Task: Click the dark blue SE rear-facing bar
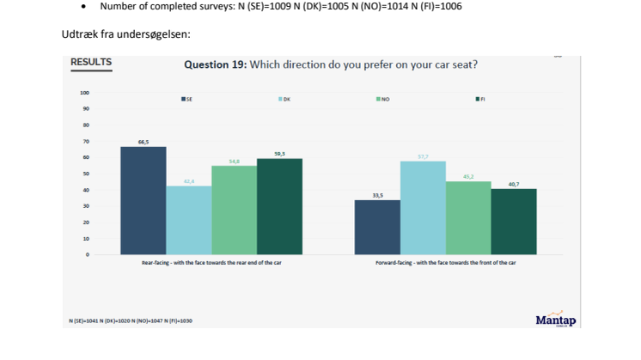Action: [143, 200]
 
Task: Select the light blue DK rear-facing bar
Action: [188, 220]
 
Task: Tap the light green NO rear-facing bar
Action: [234, 210]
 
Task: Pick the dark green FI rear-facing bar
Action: [279, 206]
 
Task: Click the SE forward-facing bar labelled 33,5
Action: [377, 227]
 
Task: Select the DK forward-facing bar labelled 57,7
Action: [423, 207]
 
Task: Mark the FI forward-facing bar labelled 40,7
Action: [514, 221]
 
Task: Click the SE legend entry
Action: [186, 99]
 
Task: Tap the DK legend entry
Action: [284, 99]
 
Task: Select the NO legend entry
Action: [383, 99]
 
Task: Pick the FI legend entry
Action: [481, 99]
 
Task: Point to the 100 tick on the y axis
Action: [84, 93]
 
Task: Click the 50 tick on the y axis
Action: [86, 174]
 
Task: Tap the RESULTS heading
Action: [90, 63]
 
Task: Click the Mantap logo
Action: [555, 320]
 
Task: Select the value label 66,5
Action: [143, 142]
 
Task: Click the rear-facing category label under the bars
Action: [211, 262]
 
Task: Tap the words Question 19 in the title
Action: [215, 65]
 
